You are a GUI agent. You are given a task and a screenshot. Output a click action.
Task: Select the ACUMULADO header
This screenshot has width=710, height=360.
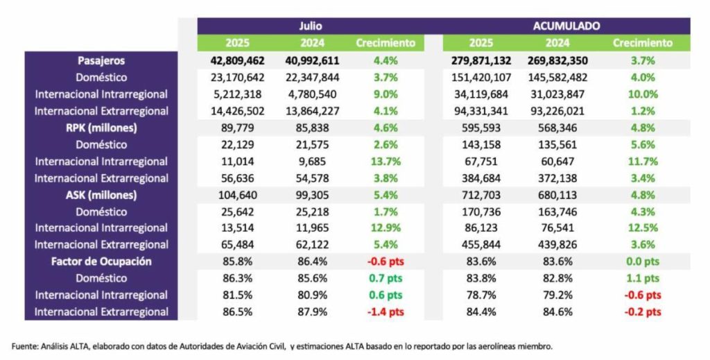click(x=566, y=26)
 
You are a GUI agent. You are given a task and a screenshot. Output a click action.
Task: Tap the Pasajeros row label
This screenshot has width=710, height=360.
click(x=101, y=60)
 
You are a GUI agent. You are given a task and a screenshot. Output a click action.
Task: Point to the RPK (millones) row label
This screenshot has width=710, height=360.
click(x=101, y=128)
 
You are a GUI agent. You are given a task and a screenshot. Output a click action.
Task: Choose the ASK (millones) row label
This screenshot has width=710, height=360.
click(x=101, y=194)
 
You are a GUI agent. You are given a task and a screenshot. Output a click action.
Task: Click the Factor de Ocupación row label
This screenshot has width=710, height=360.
click(x=101, y=262)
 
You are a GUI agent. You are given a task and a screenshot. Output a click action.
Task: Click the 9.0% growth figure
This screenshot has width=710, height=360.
click(x=386, y=94)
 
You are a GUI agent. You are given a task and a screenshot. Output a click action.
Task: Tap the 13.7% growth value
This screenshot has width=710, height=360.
click(x=386, y=161)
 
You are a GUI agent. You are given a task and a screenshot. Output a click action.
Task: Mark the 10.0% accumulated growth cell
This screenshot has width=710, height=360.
click(x=642, y=94)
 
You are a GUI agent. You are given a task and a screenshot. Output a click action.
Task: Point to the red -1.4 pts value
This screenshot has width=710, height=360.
click(x=386, y=311)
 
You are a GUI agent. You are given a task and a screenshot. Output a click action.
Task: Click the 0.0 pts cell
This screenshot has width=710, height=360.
click(x=642, y=262)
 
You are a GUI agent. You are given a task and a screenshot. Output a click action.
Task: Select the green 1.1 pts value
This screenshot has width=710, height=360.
click(x=642, y=278)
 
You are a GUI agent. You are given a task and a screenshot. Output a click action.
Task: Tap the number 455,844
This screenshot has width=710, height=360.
click(x=481, y=244)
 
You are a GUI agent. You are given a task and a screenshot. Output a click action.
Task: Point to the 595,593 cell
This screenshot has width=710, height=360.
click(x=481, y=128)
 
